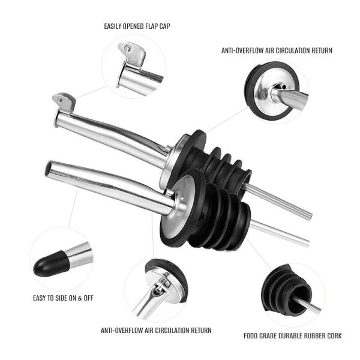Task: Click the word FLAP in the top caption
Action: pyautogui.click(x=149, y=26)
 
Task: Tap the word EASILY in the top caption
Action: pyautogui.click(x=113, y=26)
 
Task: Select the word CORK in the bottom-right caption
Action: pyautogui.click(x=334, y=336)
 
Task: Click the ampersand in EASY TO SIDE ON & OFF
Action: pyautogui.click(x=80, y=298)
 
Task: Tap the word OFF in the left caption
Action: pyautogui.click(x=88, y=298)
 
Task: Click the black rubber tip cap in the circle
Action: pyautogui.click(x=51, y=263)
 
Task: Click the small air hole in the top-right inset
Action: pyautogui.click(x=284, y=87)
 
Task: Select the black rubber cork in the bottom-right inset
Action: pyautogui.click(x=286, y=290)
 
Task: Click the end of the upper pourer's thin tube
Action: pyautogui.click(x=310, y=216)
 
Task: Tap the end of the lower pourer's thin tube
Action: pyautogui.click(x=307, y=244)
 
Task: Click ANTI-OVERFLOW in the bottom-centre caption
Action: pyautogui.click(x=122, y=331)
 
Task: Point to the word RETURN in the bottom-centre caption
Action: pyautogui.click(x=201, y=331)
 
